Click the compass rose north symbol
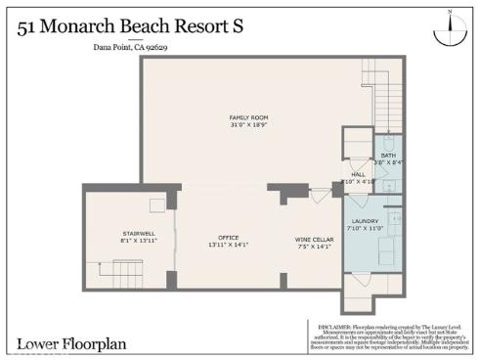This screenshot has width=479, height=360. coord(449,28)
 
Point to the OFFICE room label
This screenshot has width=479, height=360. coord(229,238)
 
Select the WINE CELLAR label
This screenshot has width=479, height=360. coord(313,238)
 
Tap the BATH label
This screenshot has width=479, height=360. coord(388,156)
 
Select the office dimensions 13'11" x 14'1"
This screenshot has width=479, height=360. coord(229,246)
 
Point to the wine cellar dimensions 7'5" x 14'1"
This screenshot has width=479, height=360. coord(313,246)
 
